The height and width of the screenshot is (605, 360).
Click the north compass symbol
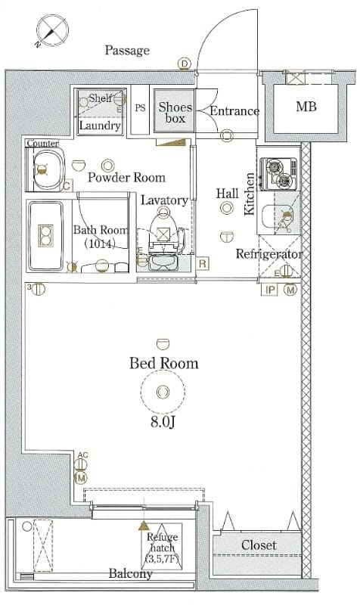[x=52, y=31]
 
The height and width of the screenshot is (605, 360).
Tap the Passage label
[x=127, y=50]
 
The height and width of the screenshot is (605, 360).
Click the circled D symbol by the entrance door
[x=185, y=64]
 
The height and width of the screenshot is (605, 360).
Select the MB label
[x=306, y=106]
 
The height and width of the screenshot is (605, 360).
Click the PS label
[x=141, y=107]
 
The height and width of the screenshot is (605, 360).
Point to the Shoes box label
[x=175, y=112]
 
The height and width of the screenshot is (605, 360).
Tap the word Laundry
[x=100, y=126]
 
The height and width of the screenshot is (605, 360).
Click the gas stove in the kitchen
[x=278, y=173]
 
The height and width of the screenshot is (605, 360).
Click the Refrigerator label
[x=269, y=254]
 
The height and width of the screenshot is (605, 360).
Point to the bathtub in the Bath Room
[x=46, y=235]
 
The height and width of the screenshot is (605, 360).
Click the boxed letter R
[x=203, y=263]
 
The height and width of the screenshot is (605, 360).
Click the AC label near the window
[x=82, y=455]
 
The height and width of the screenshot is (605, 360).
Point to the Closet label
[x=259, y=545]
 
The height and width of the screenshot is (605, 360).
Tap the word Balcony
[x=130, y=574]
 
